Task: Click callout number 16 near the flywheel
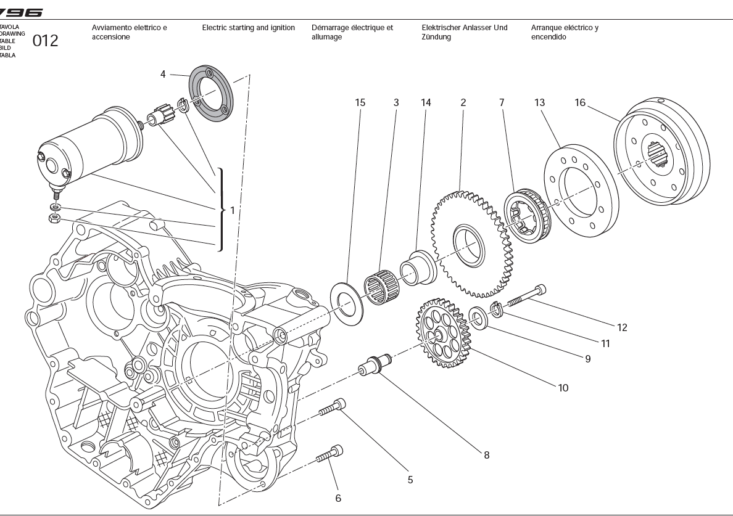[580, 103]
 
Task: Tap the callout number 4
[163, 75]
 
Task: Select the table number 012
[46, 41]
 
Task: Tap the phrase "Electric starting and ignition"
[249, 28]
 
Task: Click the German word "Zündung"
[436, 37]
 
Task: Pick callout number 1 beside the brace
[232, 210]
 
